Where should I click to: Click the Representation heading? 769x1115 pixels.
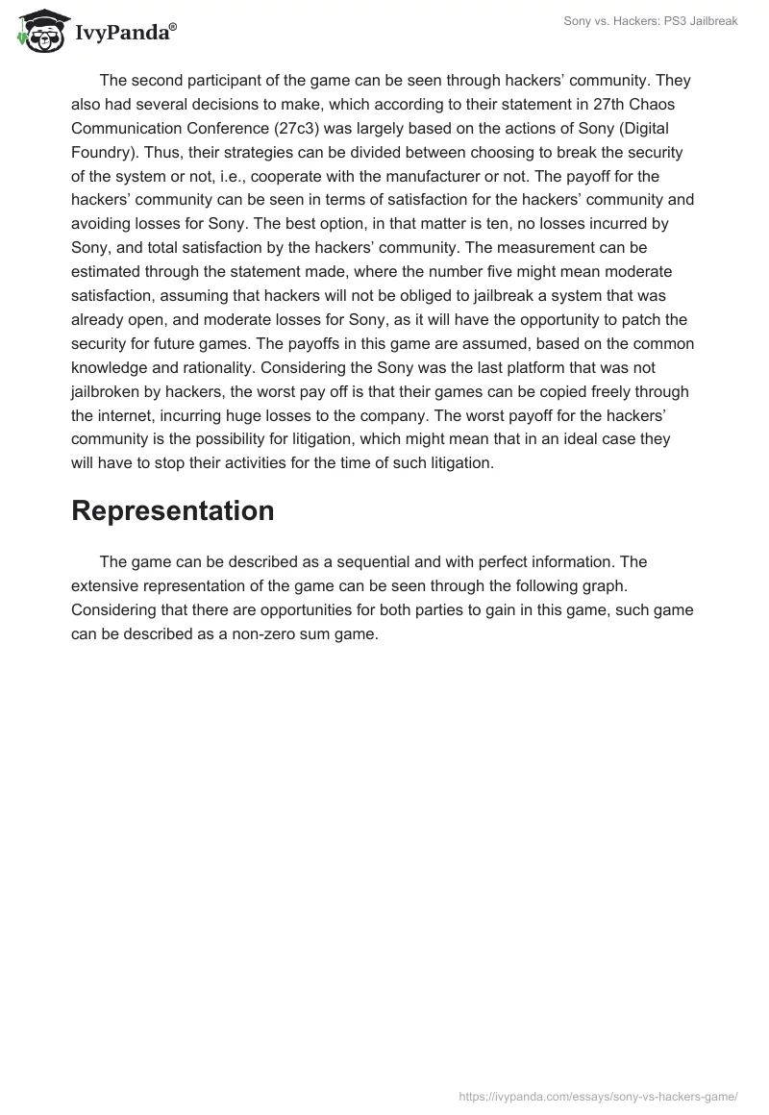tap(173, 510)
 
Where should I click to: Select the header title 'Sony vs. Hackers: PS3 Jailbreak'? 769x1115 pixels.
tap(650, 21)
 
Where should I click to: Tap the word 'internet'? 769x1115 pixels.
tap(134, 416)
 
